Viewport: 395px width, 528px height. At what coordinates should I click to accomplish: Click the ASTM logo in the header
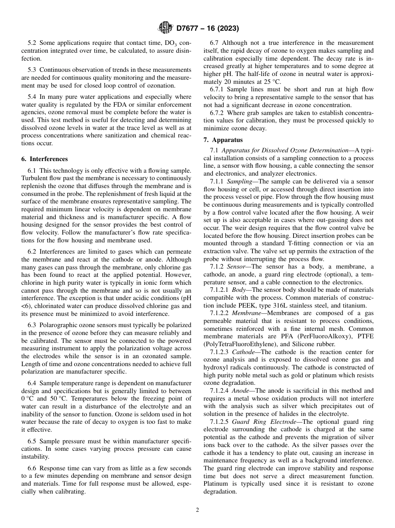pos(165,28)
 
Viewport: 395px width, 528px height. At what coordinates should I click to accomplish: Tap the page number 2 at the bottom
pos(197,510)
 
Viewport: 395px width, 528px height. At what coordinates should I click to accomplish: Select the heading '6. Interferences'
pos(44,159)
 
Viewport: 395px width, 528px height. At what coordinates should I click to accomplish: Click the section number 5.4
pos(32,97)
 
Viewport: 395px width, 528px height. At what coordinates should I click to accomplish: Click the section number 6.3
pos(32,325)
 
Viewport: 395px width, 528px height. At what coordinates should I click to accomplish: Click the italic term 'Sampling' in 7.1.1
pos(242,182)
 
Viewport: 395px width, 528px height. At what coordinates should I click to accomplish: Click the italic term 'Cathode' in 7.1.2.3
pos(245,352)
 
